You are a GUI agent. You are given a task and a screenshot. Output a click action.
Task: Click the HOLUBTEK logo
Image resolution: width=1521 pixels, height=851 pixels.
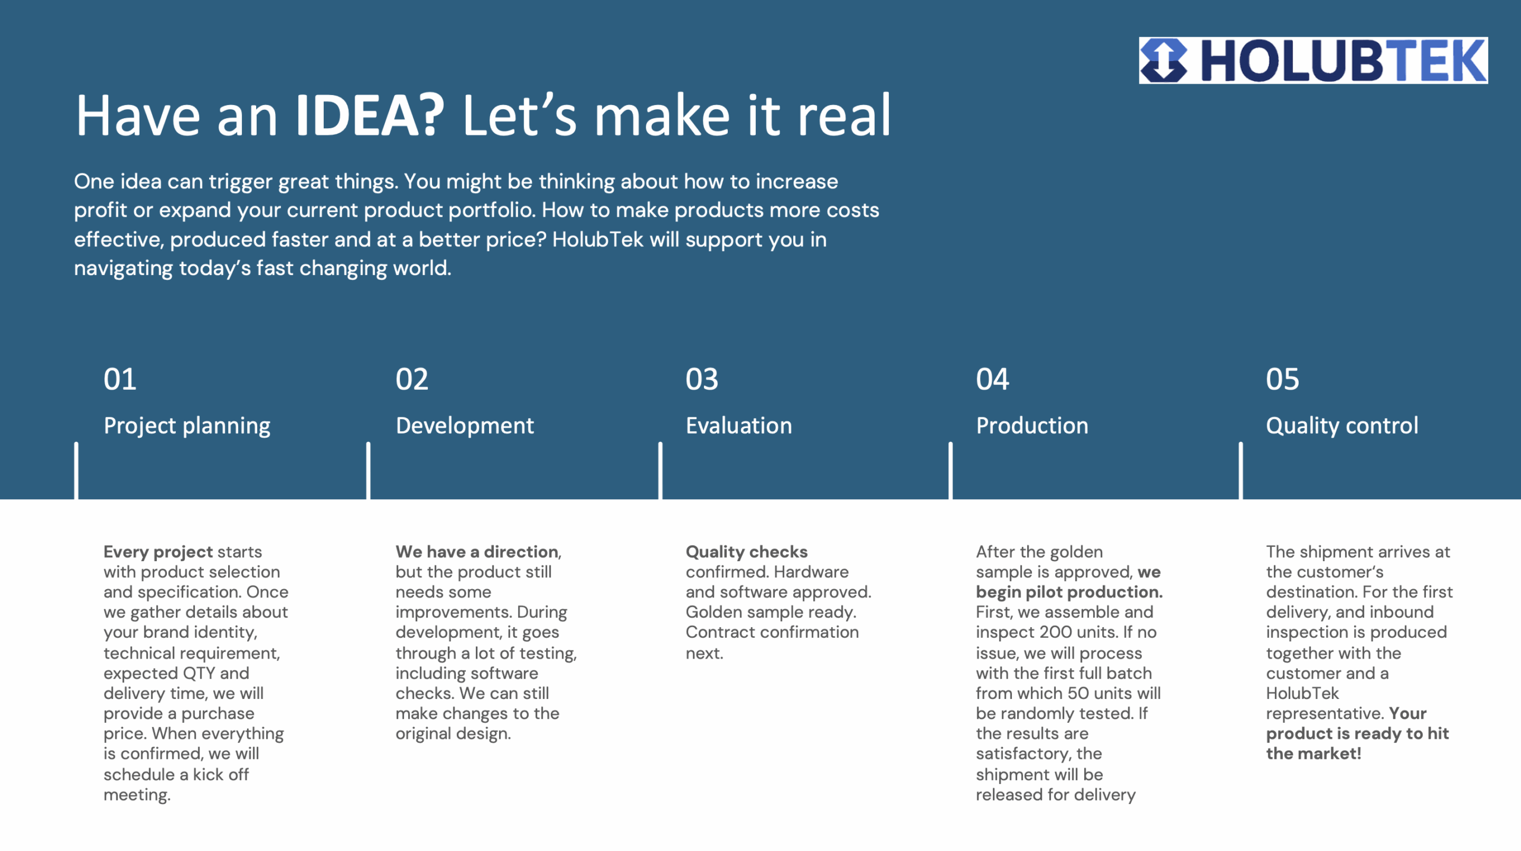(x=1313, y=60)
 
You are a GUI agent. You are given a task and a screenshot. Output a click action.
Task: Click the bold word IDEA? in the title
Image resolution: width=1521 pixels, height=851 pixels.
(x=370, y=115)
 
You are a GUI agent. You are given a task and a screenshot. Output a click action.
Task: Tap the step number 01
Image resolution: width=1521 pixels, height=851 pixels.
(x=120, y=379)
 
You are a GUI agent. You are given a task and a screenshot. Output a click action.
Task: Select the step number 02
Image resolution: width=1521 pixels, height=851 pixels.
(x=412, y=379)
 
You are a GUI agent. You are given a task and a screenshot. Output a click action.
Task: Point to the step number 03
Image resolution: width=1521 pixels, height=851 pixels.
(x=702, y=379)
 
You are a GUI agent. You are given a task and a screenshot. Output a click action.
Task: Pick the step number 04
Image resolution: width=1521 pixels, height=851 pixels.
(x=992, y=379)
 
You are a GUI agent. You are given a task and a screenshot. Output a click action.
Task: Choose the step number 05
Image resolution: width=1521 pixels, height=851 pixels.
(x=1282, y=379)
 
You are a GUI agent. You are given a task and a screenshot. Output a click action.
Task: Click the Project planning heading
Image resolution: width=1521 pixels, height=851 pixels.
(x=187, y=426)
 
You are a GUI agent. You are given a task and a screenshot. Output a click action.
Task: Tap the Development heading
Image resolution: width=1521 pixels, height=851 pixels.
(x=465, y=426)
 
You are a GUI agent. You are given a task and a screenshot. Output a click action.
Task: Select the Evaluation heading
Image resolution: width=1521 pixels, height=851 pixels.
(x=739, y=426)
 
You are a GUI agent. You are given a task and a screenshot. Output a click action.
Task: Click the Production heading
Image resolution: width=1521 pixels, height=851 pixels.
(x=1032, y=426)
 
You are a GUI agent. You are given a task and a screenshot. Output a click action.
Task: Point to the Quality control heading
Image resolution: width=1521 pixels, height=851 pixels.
(x=1342, y=426)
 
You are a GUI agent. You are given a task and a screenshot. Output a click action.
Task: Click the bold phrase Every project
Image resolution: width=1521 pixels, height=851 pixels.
(x=158, y=552)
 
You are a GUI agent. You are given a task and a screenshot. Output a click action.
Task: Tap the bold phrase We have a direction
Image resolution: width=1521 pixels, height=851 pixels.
(x=477, y=552)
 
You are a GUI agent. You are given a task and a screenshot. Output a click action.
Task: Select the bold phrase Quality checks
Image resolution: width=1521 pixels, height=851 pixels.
(x=746, y=552)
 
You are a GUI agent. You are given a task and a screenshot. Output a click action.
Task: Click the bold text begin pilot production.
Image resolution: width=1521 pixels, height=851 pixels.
(x=1069, y=592)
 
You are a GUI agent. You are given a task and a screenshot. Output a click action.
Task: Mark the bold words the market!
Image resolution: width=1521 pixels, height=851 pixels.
(x=1313, y=754)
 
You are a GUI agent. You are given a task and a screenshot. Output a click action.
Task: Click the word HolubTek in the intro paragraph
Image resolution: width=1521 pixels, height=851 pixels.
(x=598, y=239)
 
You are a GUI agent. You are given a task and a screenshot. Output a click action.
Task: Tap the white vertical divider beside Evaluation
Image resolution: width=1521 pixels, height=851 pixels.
(x=660, y=470)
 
